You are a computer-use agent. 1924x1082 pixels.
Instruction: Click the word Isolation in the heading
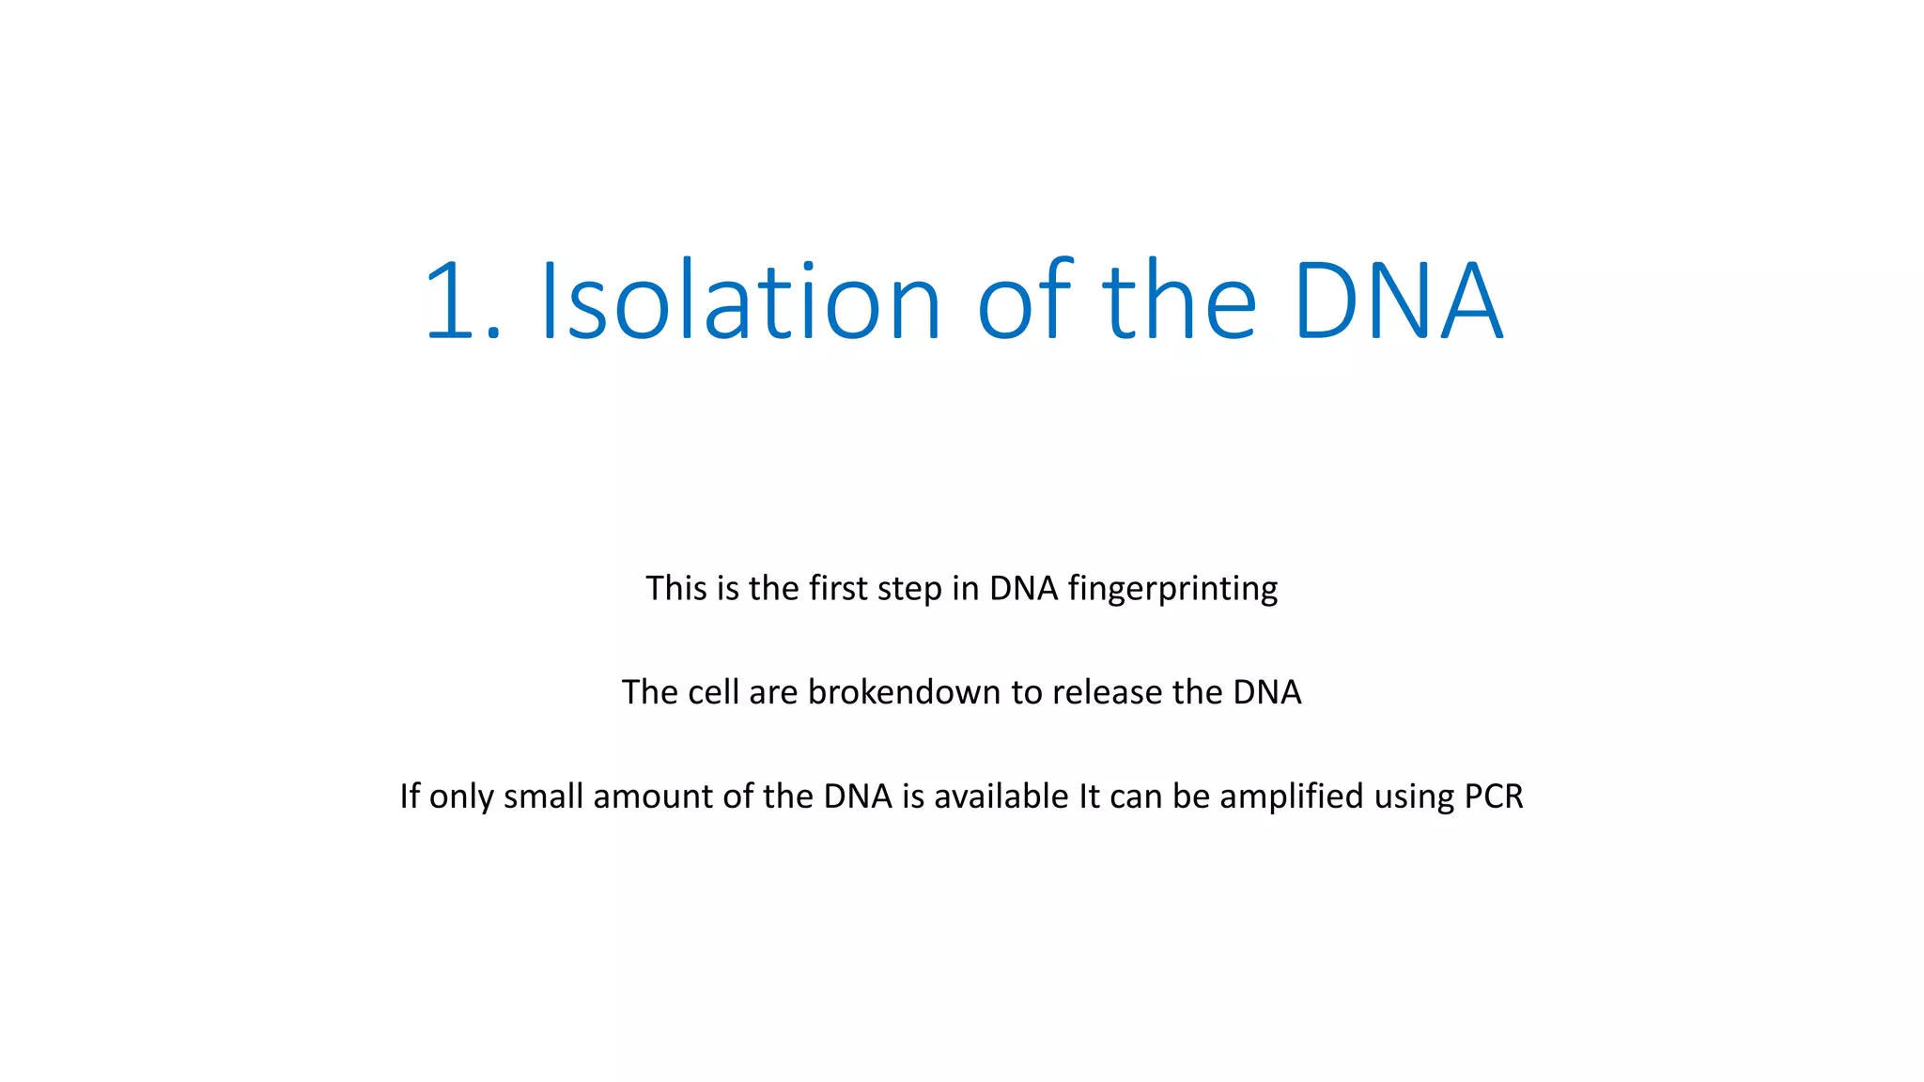pos(740,301)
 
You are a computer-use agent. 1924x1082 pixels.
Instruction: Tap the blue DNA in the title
pos(1398,301)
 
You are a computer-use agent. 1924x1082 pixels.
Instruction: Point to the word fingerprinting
pos(1172,590)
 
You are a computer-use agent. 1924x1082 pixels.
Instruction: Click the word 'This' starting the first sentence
pos(676,589)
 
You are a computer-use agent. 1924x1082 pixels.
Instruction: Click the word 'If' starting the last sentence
pos(410,796)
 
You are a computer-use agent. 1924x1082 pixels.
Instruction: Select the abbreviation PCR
pos(1494,796)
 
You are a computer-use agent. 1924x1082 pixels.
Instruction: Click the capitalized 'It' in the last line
pos(1089,796)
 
